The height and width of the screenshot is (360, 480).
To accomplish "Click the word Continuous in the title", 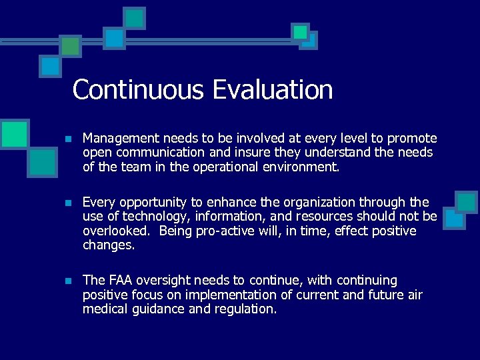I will pos(138,89).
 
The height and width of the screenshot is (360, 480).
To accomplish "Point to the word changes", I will pos(107,245).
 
